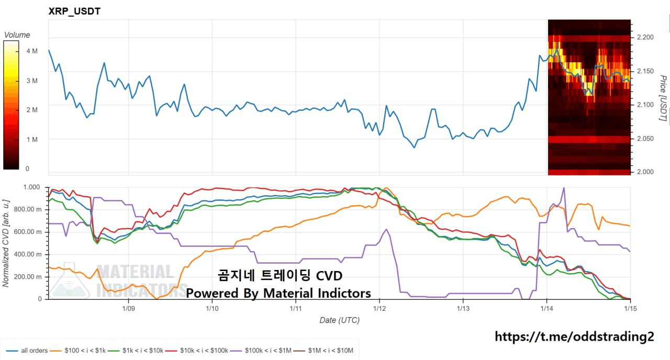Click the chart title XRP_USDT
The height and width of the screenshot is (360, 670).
pos(74,11)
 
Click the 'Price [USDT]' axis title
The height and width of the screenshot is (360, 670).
pos(663,98)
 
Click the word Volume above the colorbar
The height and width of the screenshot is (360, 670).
pos(17,35)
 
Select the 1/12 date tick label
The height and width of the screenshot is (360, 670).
pos(379,309)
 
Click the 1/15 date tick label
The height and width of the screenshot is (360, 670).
pos(630,309)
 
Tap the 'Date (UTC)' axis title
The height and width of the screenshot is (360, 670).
pos(339,320)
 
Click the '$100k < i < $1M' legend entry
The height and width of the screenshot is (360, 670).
pos(267,350)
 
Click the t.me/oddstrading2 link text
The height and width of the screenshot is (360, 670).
pos(574,336)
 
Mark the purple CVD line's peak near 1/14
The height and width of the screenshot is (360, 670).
pos(564,188)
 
